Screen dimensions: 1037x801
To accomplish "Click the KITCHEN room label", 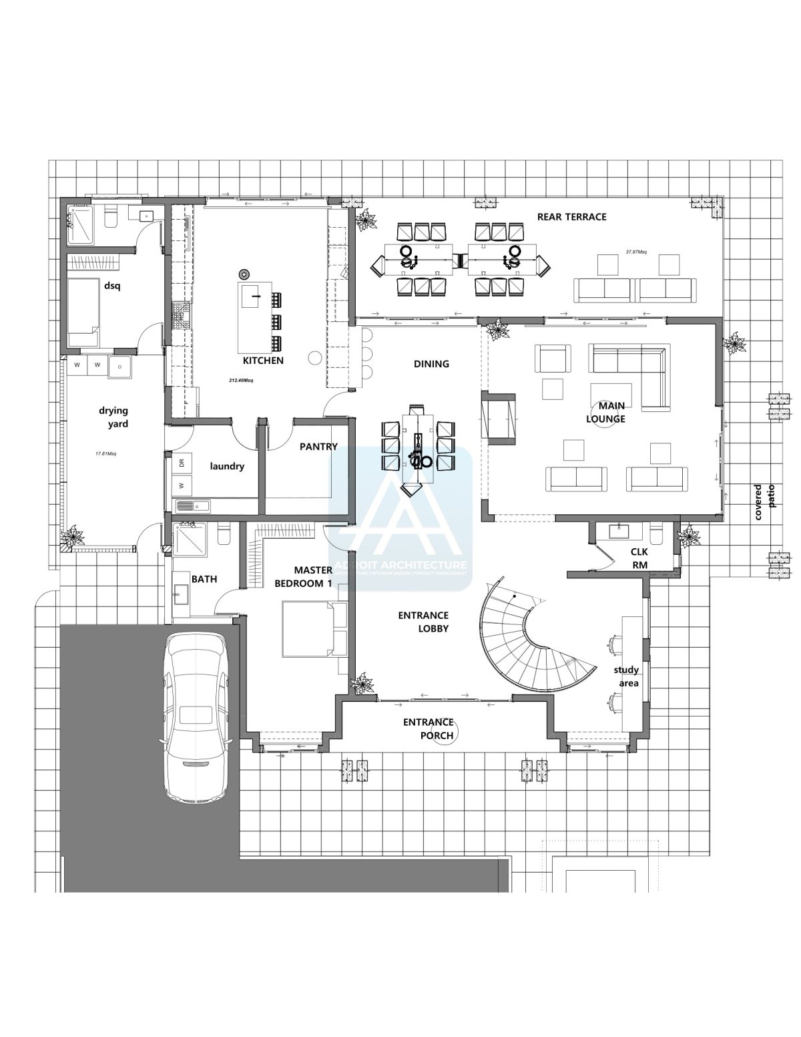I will (263, 361).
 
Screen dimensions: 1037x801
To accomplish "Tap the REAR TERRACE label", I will (571, 216).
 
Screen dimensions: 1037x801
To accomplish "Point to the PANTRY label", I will (318, 447).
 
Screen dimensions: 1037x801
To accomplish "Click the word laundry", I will (227, 466).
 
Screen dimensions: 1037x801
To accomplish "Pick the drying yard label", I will (114, 417).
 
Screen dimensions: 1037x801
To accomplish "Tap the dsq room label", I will (111, 286).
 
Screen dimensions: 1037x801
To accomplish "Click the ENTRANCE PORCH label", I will (428, 729).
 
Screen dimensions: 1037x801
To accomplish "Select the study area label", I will (627, 676).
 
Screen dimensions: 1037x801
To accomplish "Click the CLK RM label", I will (639, 558).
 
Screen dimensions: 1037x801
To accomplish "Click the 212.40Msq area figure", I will (240, 381).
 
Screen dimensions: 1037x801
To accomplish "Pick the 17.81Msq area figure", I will (106, 453).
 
